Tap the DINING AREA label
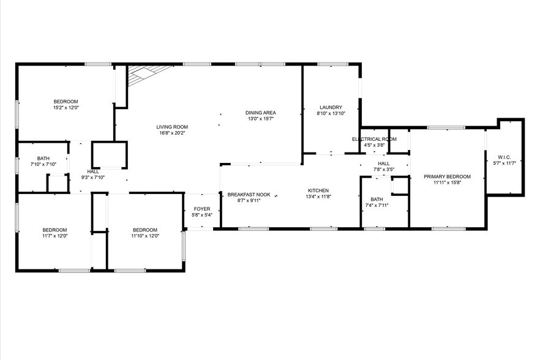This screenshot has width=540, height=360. [x=261, y=113]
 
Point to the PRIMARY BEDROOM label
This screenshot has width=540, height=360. [x=447, y=176]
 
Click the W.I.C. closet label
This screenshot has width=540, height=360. [x=504, y=157]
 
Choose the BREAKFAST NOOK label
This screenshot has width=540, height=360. [x=249, y=195]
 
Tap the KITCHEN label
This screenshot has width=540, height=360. [x=318, y=190]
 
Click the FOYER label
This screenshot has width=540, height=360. [x=202, y=209]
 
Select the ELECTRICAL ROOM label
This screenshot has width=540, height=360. [x=374, y=139]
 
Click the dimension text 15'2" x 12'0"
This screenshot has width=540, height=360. [x=66, y=108]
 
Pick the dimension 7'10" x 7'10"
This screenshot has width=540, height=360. [x=43, y=165]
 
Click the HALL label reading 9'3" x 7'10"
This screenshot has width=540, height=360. [x=93, y=171]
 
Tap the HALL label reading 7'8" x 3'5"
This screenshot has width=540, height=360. [x=383, y=163]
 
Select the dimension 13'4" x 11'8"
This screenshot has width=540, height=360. [x=318, y=197]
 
